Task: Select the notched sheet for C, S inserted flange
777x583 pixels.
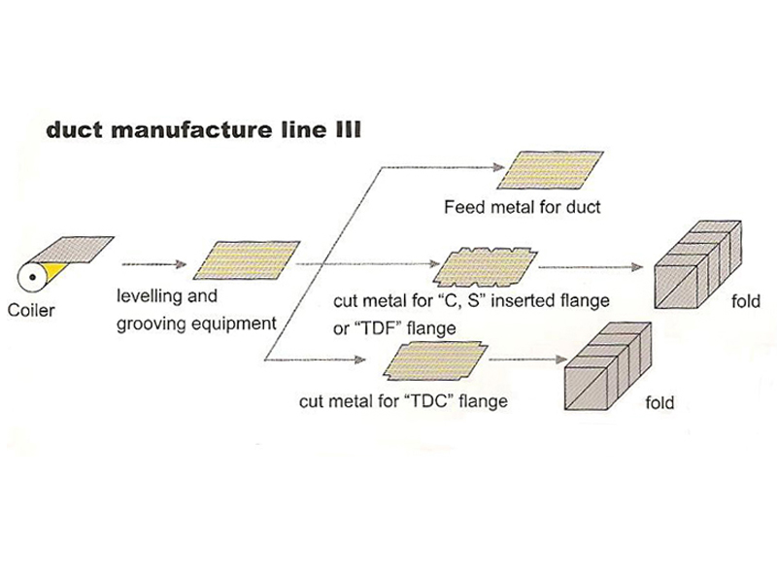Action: click(482, 263)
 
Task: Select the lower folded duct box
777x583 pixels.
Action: click(604, 368)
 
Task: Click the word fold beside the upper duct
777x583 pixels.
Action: click(746, 302)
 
